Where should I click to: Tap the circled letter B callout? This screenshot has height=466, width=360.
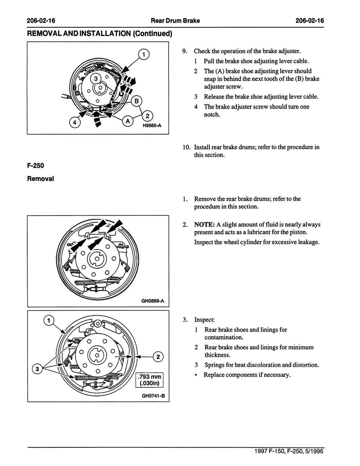(x=136, y=101)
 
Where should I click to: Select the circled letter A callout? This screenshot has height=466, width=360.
(x=127, y=121)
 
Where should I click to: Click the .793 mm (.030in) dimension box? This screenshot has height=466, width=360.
(x=150, y=379)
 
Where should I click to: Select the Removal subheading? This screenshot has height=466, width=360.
(x=41, y=179)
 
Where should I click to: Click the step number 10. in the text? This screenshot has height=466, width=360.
(x=186, y=147)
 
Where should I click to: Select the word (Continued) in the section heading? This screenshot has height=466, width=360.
(x=148, y=33)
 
